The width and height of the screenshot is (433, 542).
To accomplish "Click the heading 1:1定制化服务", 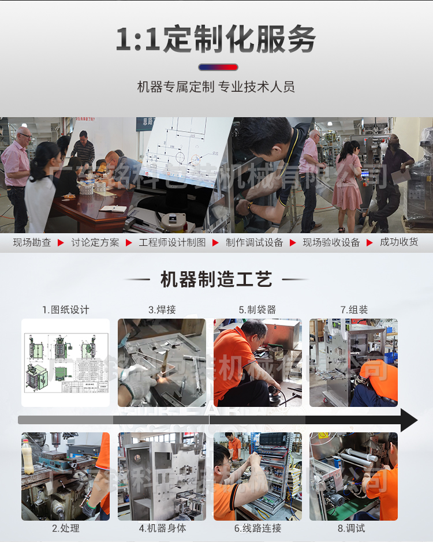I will (216, 39).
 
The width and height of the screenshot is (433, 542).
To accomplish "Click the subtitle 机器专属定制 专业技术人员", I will (216, 87).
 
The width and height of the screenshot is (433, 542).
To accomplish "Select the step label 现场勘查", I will (32, 242).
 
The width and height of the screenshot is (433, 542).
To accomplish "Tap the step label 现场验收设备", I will (331, 242).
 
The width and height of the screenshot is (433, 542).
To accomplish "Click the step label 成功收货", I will (399, 242).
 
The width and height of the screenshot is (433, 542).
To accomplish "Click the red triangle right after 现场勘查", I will (61, 243).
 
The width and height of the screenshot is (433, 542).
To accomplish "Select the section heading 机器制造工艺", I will (216, 280).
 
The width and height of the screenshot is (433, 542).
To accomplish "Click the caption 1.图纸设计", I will (65, 310).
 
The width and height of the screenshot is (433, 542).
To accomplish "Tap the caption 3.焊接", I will (162, 310).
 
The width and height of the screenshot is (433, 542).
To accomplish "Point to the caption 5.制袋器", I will (257, 310).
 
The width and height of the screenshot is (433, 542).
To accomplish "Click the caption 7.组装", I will (353, 310).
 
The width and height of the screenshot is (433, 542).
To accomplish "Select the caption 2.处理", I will (65, 528).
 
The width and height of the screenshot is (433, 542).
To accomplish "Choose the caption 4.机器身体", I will (162, 528).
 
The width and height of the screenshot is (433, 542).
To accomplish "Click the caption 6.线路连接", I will (257, 528).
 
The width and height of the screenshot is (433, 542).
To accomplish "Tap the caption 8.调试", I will (353, 528).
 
